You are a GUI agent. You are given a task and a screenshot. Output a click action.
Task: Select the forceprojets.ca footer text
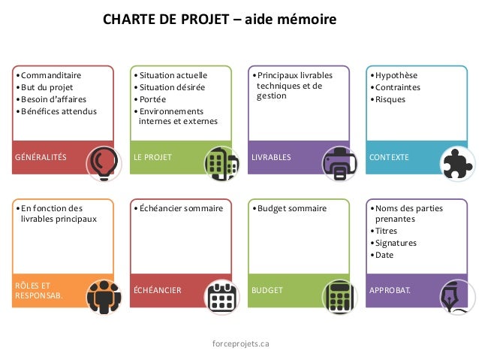click(241, 343)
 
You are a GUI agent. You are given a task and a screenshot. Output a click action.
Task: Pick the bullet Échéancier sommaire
click(181, 208)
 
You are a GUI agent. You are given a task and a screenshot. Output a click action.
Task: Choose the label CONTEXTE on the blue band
click(390, 158)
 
